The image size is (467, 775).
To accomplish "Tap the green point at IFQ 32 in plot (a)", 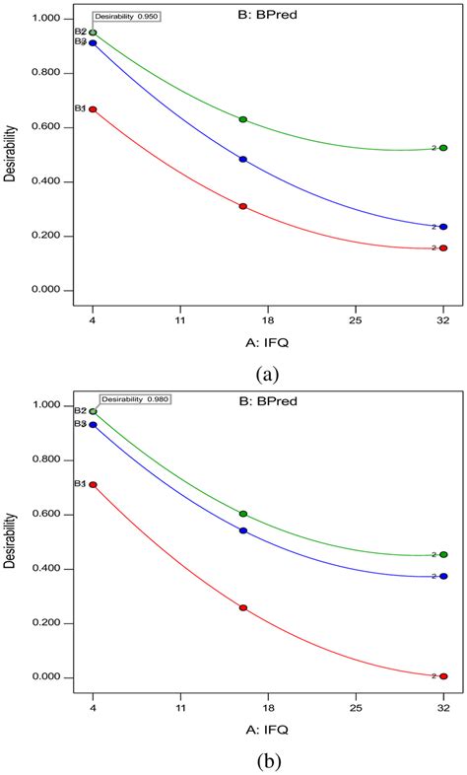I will point(443,148).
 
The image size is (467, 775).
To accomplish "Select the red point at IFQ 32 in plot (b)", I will point(443,676).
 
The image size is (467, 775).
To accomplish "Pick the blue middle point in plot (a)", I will point(243,159).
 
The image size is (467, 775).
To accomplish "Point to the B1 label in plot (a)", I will point(81,108).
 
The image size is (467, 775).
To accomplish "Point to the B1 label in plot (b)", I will point(81,484).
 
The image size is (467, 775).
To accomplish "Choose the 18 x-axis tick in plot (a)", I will point(267,320).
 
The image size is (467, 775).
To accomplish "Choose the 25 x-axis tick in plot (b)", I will point(356,707).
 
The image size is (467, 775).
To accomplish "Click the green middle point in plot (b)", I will point(243,514).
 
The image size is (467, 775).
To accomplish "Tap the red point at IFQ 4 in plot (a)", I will point(93,109).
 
